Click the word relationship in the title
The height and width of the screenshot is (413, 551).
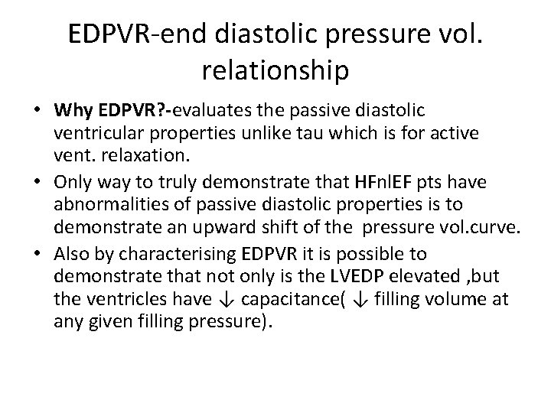tap(275, 70)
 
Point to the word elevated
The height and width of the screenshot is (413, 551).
tap(413, 275)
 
